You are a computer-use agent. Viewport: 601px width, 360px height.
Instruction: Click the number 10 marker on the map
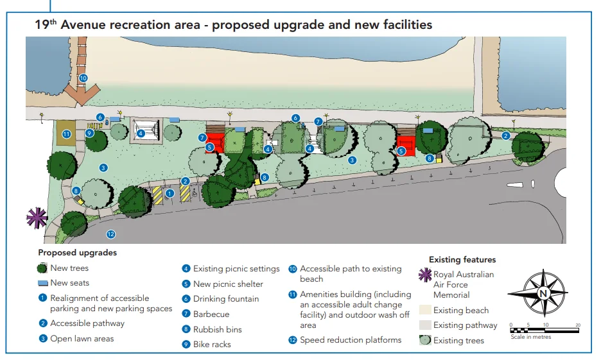[x=83, y=78]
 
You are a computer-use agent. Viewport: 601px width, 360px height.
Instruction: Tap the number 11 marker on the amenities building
[x=67, y=134]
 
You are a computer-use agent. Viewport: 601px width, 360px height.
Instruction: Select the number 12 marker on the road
[x=111, y=234]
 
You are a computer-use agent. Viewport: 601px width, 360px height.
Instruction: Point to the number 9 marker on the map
[x=89, y=133]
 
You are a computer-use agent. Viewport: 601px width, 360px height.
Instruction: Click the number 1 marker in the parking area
[x=170, y=194]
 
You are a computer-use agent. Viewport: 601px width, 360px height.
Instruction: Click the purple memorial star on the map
[x=37, y=218]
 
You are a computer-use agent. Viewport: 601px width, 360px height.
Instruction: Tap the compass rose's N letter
[x=543, y=293]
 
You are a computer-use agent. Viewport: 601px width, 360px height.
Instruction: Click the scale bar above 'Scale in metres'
[x=544, y=330]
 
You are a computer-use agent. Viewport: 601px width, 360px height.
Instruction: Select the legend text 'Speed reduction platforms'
[x=351, y=339]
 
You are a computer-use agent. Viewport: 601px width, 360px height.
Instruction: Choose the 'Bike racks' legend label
[x=212, y=345]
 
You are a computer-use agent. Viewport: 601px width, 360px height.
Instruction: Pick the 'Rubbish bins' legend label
[x=217, y=329]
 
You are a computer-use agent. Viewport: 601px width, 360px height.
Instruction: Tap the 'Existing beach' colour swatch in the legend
[x=425, y=310]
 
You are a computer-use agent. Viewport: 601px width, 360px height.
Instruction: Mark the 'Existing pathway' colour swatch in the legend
[x=425, y=325]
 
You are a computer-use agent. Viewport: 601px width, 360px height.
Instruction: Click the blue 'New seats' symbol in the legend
[x=43, y=284]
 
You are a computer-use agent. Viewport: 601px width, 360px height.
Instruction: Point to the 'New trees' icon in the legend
[x=42, y=268]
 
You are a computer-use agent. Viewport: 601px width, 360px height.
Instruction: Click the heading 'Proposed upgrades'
[x=78, y=253]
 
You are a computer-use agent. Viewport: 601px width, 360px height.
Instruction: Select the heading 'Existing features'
[x=462, y=260]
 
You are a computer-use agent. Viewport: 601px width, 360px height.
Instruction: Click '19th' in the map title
[x=46, y=24]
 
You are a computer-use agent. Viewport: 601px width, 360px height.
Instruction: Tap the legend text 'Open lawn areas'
[x=82, y=339]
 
